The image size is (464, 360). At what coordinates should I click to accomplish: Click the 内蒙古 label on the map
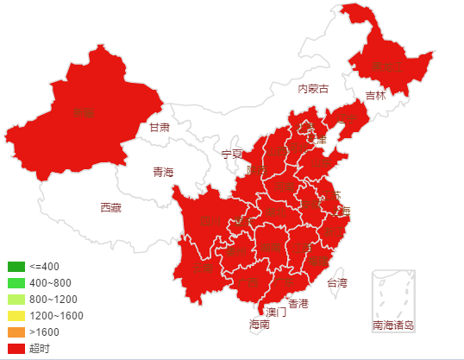[313, 88]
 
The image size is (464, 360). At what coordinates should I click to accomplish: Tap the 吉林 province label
[375, 96]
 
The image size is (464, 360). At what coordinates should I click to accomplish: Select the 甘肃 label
[159, 127]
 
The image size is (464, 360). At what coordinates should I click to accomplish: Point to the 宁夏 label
[232, 154]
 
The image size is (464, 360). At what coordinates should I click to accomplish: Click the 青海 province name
[163, 172]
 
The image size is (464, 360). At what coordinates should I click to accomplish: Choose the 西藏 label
[110, 207]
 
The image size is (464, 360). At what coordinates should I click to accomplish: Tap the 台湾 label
[336, 282]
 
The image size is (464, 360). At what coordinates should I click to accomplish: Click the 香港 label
[298, 304]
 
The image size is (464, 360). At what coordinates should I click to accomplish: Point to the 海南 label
[260, 325]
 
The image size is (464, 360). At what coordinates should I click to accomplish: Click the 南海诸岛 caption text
[393, 325]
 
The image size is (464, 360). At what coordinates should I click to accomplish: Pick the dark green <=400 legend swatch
[16, 267]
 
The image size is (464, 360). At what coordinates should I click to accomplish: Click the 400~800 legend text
[50, 283]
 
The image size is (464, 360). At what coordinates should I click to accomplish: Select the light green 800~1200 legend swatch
[16, 300]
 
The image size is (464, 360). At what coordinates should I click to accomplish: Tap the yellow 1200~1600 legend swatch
[16, 316]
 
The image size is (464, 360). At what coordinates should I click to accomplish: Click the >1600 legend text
[44, 332]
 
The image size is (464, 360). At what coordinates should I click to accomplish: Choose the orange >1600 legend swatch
[16, 332]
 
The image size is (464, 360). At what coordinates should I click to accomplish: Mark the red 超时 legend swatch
[16, 349]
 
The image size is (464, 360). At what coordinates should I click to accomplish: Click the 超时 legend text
[40, 349]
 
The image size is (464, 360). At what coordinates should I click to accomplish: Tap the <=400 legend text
[44, 267]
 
